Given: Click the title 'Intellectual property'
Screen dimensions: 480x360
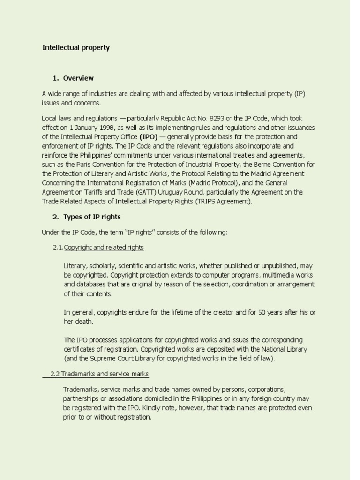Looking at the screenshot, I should point(76,47).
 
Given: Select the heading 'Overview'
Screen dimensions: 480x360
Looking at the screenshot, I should point(78,78).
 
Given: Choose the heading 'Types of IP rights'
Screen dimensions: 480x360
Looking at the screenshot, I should point(92,217).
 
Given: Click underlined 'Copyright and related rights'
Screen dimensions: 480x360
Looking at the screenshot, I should point(104,247).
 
